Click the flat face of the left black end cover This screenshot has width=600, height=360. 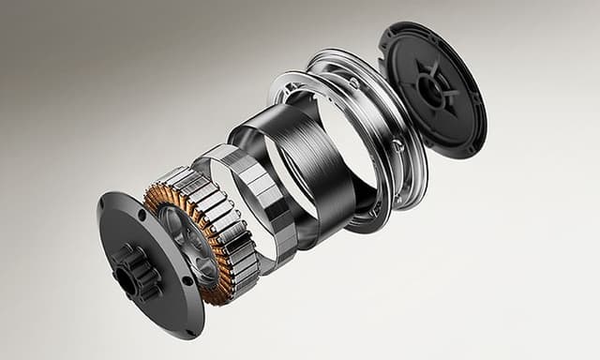point(164,300)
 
